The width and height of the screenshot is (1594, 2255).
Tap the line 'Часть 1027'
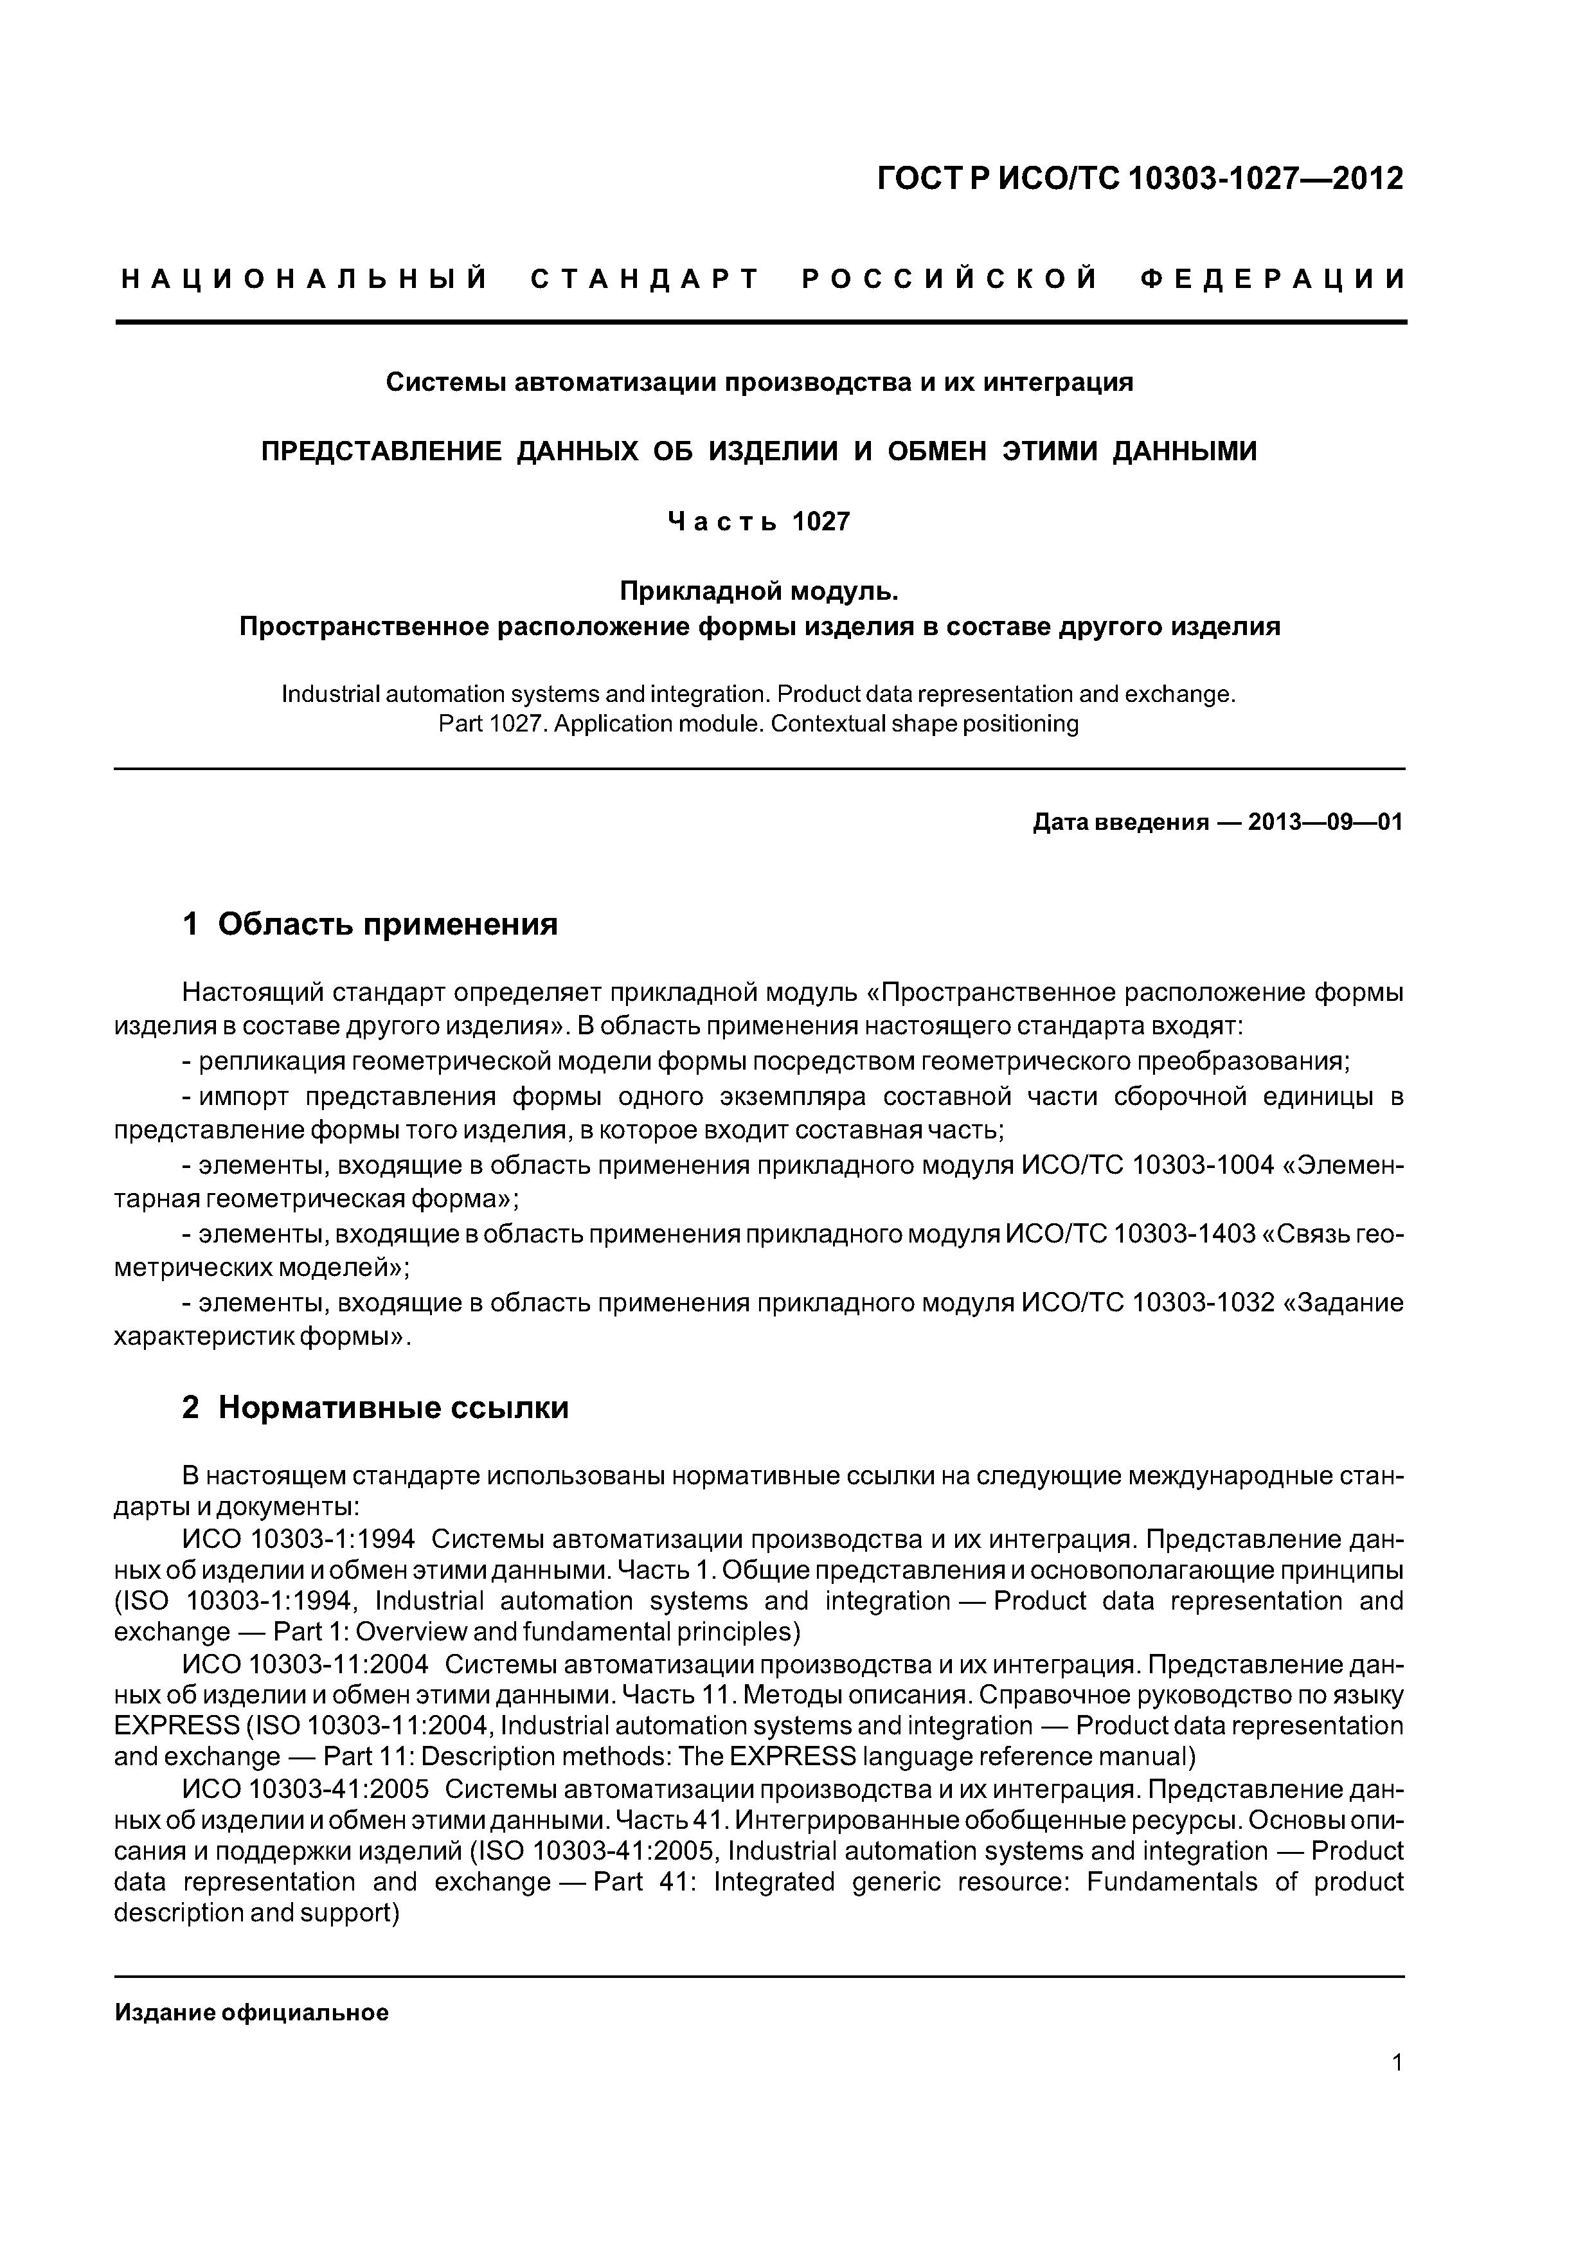point(758,521)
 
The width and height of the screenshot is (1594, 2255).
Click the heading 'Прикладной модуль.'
point(758,591)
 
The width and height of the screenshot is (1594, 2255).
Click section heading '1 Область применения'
point(370,924)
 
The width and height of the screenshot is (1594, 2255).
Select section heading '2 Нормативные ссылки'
point(375,1407)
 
